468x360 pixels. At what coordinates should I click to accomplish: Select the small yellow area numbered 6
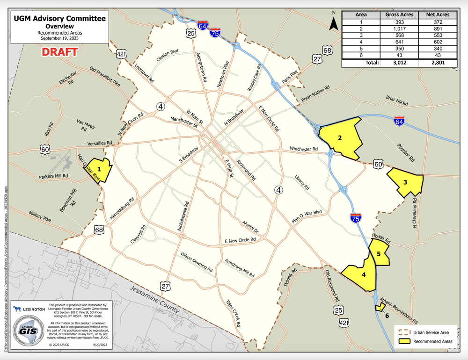tap(380, 307)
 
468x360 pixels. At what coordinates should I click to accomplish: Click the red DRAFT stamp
tap(59, 51)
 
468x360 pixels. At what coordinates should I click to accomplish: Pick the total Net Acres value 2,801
tap(438, 62)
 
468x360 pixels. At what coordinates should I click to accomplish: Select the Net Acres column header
tap(438, 14)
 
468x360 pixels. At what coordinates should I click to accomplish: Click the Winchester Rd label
tap(303, 149)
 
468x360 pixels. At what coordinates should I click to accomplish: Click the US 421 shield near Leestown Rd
tap(121, 54)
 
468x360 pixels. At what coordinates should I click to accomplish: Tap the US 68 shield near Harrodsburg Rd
tap(98, 230)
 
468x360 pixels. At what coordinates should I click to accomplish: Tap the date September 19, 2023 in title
tap(59, 38)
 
